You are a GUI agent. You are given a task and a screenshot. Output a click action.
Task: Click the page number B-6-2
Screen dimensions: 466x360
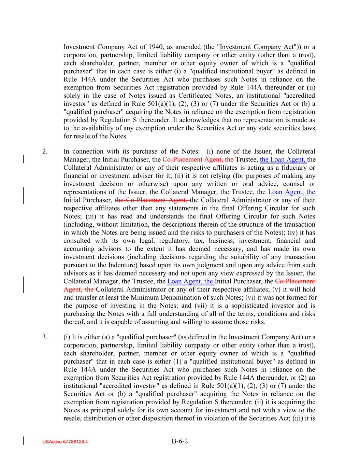tap(180, 441)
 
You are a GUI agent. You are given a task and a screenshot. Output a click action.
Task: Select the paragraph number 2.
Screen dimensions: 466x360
tap(45, 151)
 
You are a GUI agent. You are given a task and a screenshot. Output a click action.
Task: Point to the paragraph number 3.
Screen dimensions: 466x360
tap(45, 337)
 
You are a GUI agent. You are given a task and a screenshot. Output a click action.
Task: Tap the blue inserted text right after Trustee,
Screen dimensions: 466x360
tap(283, 159)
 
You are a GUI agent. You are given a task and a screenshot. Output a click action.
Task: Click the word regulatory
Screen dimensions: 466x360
tap(162, 241)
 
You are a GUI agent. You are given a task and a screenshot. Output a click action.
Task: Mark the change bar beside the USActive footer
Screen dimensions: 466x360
tap(23, 441)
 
